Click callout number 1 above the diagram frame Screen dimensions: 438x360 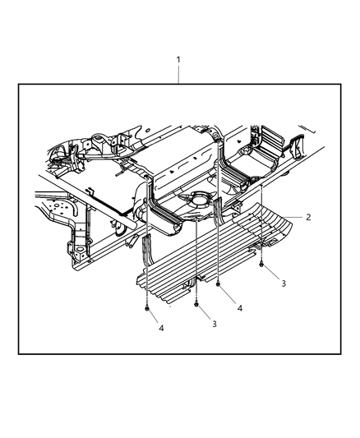tap(179, 61)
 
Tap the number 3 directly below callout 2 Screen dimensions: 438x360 tap(283, 283)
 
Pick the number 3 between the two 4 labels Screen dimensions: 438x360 tap(214, 325)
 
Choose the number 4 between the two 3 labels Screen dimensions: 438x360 tap(239, 308)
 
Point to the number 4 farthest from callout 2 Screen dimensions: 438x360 tap(161, 329)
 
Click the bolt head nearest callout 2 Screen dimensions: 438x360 tap(261, 265)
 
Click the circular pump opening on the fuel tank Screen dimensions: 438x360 tap(196, 199)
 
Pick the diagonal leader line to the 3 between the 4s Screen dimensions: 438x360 tap(205, 314)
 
